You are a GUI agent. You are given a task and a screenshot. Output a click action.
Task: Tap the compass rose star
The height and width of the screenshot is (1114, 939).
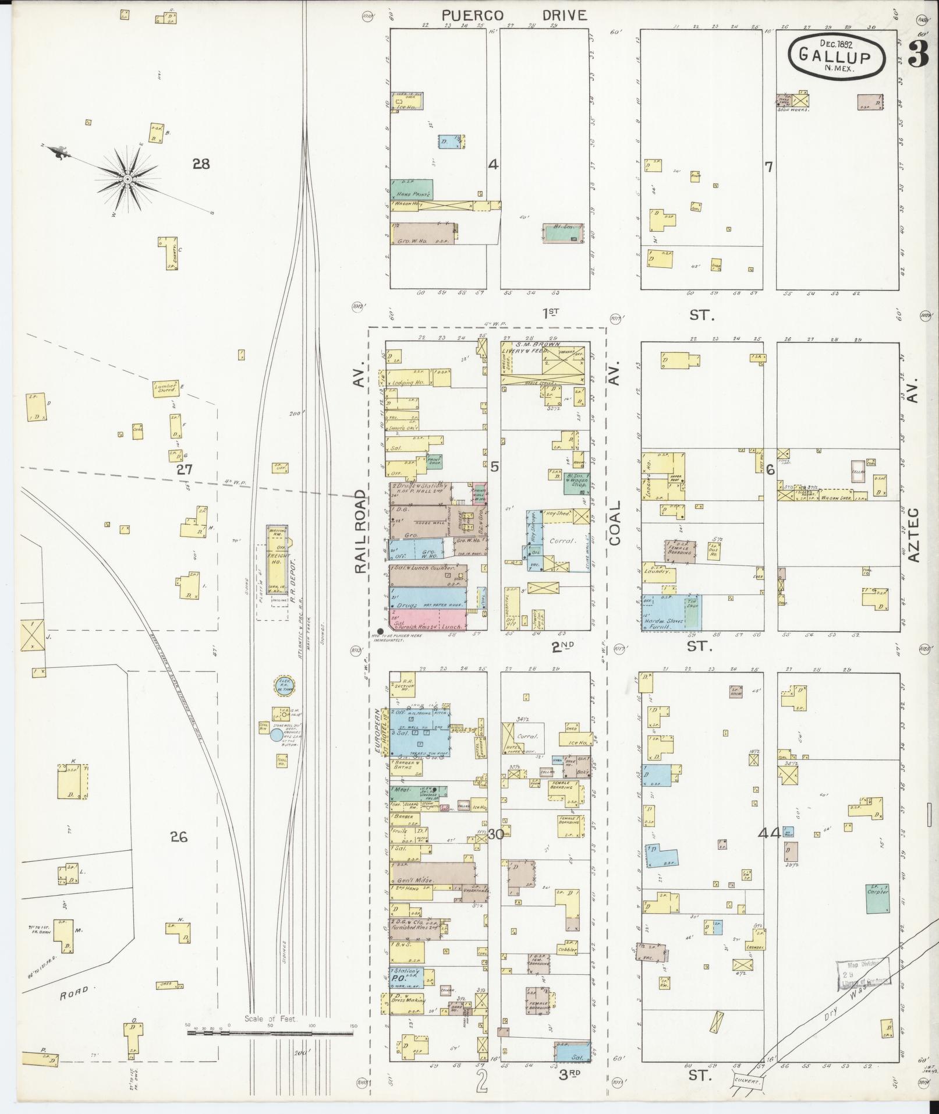(x=126, y=178)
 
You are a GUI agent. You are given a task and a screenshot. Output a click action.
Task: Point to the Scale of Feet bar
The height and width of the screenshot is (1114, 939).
(x=270, y=626)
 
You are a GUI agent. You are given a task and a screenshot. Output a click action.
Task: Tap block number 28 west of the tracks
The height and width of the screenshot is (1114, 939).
(x=201, y=164)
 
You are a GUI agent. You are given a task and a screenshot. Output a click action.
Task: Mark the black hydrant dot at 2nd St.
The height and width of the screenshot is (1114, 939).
(x=381, y=631)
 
